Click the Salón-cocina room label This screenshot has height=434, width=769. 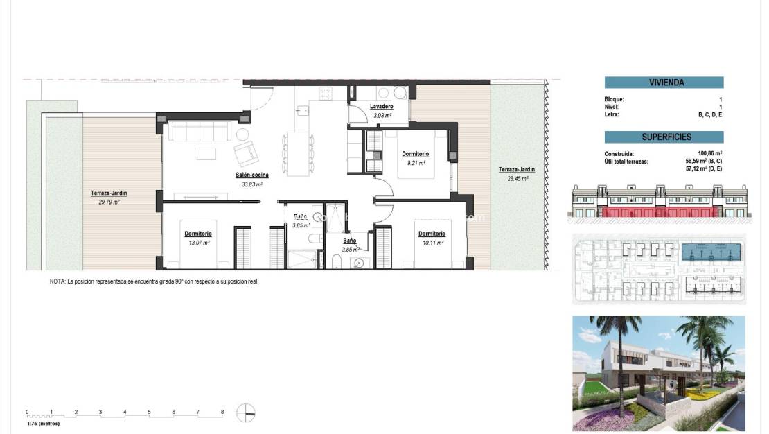[251, 175]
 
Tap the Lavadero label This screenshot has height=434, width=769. [381, 107]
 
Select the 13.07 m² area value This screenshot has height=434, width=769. [198, 243]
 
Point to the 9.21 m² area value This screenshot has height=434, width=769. [415, 162]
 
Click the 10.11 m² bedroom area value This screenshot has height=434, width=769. [432, 243]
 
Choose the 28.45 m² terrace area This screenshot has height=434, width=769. [517, 177]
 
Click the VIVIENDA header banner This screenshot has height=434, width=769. [664, 82]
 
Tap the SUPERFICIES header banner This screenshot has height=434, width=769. [664, 137]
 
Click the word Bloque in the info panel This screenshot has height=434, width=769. [615, 99]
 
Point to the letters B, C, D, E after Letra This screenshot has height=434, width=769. [710, 114]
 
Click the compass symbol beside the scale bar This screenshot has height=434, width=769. [246, 413]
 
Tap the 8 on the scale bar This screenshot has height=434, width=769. [222, 412]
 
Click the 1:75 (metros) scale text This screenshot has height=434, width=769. [43, 422]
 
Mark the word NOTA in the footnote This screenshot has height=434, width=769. [57, 282]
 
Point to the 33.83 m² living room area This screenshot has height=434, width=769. [251, 184]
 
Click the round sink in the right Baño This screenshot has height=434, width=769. [358, 262]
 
